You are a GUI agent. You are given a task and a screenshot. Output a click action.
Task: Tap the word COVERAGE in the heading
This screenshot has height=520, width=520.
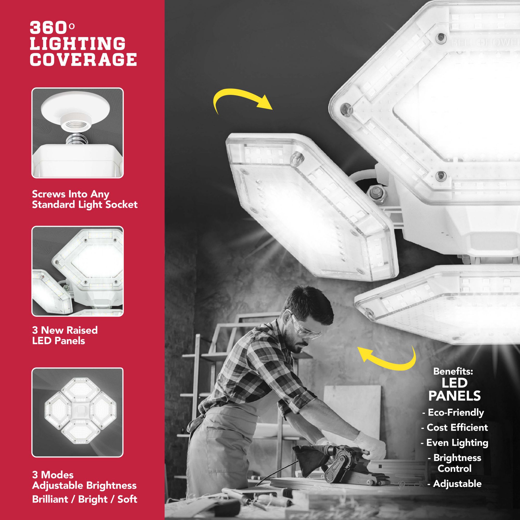[83, 60]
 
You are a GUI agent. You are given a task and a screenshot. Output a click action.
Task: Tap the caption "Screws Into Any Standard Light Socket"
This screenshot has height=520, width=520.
[85, 199]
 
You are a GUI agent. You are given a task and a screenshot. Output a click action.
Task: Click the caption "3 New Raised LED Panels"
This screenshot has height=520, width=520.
[64, 335]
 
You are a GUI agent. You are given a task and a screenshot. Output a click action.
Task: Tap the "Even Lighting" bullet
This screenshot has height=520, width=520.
[454, 443]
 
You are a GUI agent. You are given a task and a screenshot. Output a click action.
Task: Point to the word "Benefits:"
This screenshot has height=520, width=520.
[453, 372]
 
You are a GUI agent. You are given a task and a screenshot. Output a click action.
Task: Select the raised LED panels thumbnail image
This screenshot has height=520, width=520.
[77, 271]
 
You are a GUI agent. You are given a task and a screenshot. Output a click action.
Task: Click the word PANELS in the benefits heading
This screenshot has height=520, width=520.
[454, 396]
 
